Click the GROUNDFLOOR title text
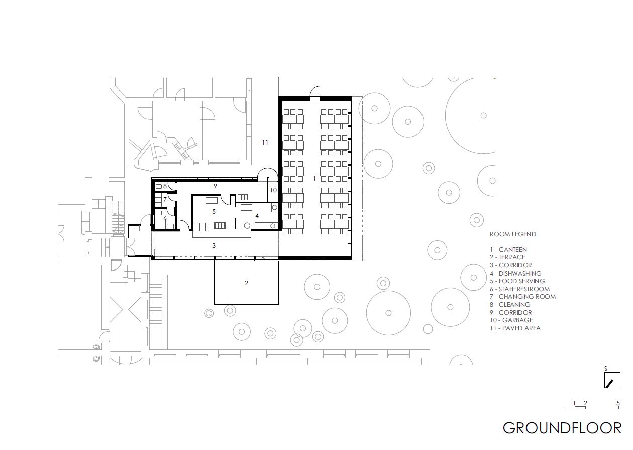(562, 428)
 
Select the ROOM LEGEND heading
(513, 234)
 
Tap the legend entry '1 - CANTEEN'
(508, 250)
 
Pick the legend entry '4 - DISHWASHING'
(516, 273)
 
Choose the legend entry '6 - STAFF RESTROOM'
(519, 289)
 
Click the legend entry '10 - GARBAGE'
(511, 320)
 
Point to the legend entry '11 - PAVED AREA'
(515, 328)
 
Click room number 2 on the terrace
(246, 283)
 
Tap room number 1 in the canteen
(314, 178)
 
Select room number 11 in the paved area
(265, 143)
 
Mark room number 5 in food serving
(214, 211)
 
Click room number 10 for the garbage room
(273, 190)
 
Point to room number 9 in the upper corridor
(215, 186)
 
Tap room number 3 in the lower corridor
(214, 245)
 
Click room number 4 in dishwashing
(257, 216)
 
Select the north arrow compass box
(612, 380)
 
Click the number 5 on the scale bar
(618, 403)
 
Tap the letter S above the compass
(605, 369)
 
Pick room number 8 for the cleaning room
(165, 186)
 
